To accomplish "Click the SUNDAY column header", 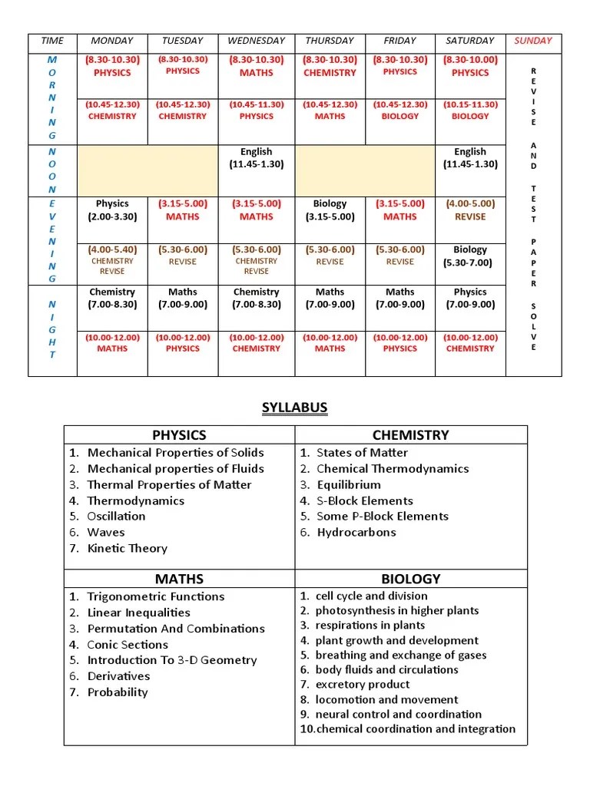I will [x=533, y=41].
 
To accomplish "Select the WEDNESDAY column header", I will [x=256, y=41].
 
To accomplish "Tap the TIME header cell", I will [x=52, y=41].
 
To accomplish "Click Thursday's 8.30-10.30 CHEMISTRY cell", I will [x=330, y=67].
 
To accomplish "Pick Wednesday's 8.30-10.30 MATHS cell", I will [x=256, y=67].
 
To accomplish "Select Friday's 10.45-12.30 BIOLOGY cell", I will [x=399, y=111].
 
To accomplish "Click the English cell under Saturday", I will [x=469, y=158].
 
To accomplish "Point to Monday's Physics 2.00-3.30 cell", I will [x=112, y=210].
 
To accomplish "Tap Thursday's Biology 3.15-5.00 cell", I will [x=330, y=210].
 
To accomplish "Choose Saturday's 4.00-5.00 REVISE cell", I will [x=469, y=210].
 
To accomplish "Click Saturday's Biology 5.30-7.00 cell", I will [x=469, y=256].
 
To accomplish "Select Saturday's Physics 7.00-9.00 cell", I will [x=469, y=298].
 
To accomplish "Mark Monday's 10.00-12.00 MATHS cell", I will [x=112, y=343].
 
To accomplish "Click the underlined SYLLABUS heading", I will [x=295, y=408].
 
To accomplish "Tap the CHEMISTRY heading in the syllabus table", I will [x=410, y=435].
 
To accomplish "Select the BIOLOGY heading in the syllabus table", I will [x=410, y=579].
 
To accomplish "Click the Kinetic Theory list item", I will [x=127, y=548].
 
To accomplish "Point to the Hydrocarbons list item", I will [x=356, y=532].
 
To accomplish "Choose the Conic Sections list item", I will [x=128, y=645].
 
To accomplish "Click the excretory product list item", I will [x=362, y=685].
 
